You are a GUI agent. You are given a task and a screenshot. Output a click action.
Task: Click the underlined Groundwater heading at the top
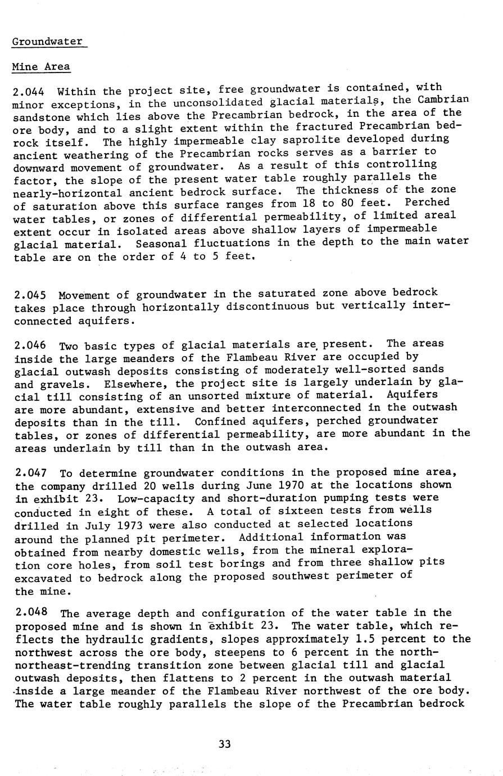point(48,42)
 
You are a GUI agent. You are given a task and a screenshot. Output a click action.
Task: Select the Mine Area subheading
point(41,67)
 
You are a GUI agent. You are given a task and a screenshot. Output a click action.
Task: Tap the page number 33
point(224,744)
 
